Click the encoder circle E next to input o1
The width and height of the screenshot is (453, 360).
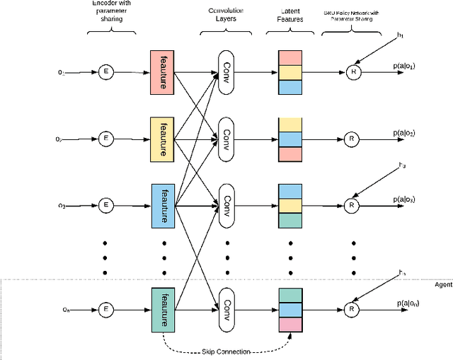(106, 71)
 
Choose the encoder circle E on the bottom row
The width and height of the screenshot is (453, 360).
(106, 308)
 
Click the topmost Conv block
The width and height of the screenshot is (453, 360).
(227, 71)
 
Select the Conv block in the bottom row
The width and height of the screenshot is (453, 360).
(227, 308)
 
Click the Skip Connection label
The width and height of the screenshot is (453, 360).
(226, 351)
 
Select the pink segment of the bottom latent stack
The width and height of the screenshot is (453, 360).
(290, 323)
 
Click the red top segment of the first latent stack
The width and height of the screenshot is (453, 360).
(290, 57)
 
